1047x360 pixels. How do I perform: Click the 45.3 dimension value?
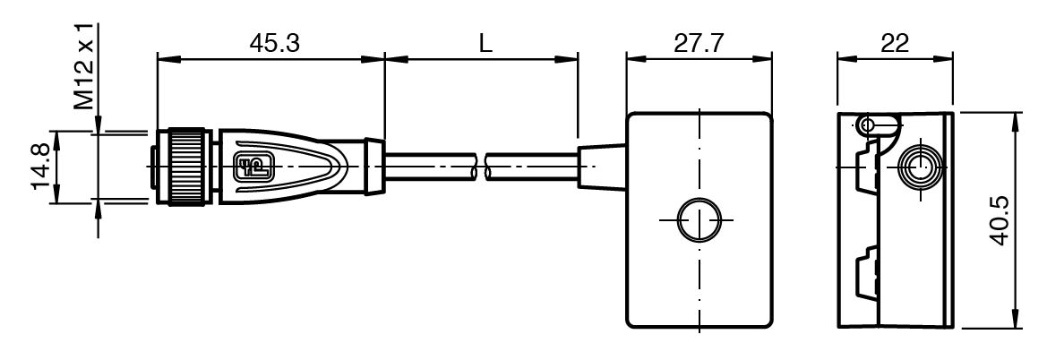pyautogui.click(x=274, y=43)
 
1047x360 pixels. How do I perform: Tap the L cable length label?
pyautogui.click(x=485, y=43)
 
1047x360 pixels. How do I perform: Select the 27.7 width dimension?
pyautogui.click(x=699, y=43)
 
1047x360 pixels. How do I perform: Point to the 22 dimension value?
pyautogui.click(x=895, y=43)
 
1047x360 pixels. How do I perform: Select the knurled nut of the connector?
pyautogui.click(x=189, y=167)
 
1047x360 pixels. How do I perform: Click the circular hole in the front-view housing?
pyautogui.click(x=699, y=219)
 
